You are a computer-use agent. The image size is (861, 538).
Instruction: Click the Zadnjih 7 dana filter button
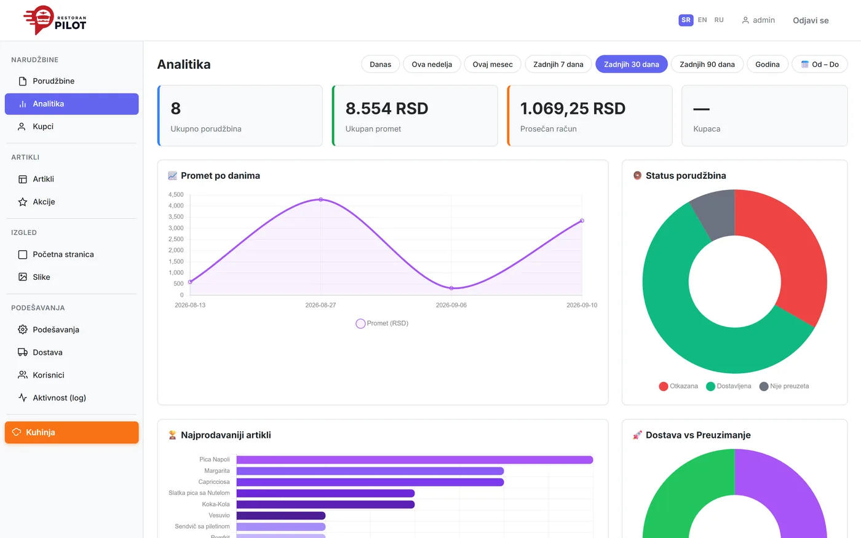(x=558, y=64)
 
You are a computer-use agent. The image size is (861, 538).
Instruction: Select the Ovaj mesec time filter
(x=493, y=64)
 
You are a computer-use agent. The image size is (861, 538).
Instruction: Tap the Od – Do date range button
(x=819, y=64)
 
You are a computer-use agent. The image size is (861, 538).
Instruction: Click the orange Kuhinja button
(x=71, y=432)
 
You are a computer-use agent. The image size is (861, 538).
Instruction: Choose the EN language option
(x=702, y=20)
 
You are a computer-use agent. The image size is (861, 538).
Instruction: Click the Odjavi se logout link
(x=811, y=20)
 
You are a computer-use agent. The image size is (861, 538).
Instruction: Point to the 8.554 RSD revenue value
(x=387, y=108)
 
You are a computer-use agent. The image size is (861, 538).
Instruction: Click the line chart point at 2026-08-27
(x=320, y=199)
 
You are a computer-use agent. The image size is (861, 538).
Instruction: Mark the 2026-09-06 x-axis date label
(x=451, y=305)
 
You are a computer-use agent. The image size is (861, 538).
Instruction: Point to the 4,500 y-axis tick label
(x=176, y=194)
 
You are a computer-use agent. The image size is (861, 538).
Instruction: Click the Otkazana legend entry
(x=678, y=386)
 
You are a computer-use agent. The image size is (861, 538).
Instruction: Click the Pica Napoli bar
(x=415, y=460)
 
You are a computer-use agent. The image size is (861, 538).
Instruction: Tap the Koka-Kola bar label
(x=216, y=504)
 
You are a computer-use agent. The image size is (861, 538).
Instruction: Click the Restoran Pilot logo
(x=55, y=20)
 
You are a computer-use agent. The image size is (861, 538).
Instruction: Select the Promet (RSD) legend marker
(x=360, y=323)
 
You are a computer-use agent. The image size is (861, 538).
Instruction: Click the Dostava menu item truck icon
(x=23, y=352)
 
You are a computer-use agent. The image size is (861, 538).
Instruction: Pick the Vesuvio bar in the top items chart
(x=281, y=515)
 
